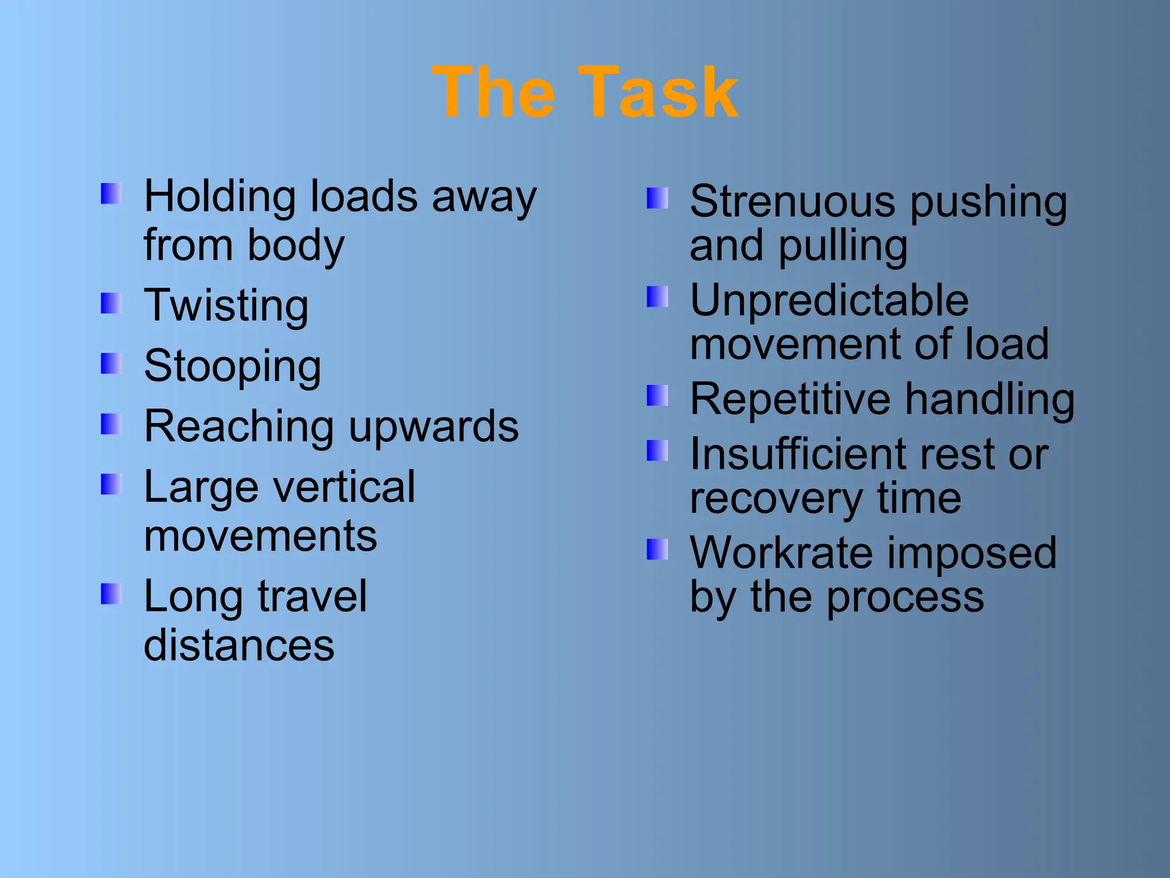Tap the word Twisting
(x=226, y=306)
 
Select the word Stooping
(x=233, y=366)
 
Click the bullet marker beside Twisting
(x=111, y=304)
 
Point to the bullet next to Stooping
(x=111, y=364)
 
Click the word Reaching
(x=239, y=427)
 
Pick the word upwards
(x=434, y=427)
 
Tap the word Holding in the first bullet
(x=219, y=196)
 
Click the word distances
(x=239, y=645)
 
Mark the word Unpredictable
(x=829, y=301)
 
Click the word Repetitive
(x=790, y=400)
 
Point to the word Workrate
(x=782, y=553)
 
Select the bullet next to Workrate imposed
(x=657, y=549)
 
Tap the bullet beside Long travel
(x=111, y=594)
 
